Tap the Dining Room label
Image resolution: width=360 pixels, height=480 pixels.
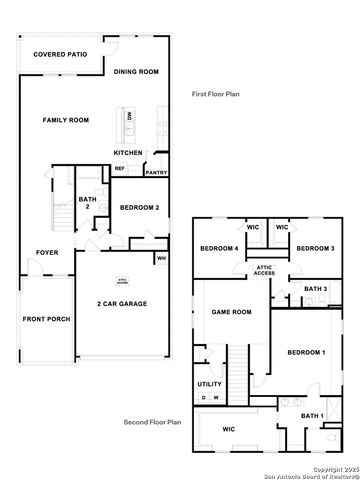136,72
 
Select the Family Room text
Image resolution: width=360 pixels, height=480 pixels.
66,120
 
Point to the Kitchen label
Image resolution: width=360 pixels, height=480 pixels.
128,153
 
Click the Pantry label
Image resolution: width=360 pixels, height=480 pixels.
156,172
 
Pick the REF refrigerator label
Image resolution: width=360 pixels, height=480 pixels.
119,168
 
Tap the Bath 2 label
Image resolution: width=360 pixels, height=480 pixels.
86,203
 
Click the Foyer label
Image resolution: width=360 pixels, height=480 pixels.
47,252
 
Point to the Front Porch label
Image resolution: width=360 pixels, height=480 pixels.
45,320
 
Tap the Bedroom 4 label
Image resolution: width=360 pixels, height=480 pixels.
219,248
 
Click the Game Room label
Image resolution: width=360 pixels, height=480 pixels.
231,312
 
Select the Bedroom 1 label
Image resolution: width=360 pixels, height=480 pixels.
306,353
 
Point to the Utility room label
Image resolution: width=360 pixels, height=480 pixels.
209,384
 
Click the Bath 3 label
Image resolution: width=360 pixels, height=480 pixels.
315,289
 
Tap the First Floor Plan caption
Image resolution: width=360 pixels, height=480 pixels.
216,93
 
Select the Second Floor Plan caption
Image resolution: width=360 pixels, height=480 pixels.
152,422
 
